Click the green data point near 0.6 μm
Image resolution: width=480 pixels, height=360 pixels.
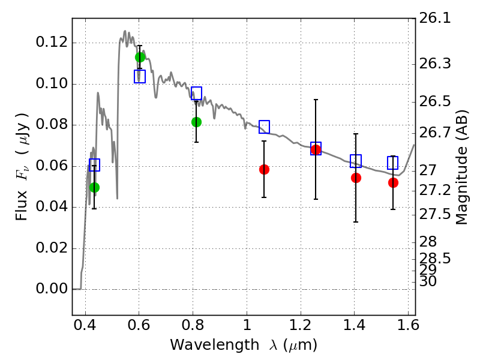[x=140, y=57]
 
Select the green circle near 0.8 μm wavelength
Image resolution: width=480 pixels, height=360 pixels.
[x=197, y=122]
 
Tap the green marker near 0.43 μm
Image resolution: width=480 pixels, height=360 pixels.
[x=95, y=187]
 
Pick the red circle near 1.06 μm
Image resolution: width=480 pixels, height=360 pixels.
[x=264, y=169]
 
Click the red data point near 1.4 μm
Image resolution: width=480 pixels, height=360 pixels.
[x=356, y=178]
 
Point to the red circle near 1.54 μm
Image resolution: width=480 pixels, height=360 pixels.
[x=393, y=183]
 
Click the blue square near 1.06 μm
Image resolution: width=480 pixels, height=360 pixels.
[x=264, y=127]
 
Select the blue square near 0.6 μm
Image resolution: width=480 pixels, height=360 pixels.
[x=140, y=76]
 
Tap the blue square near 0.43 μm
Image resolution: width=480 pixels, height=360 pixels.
[x=95, y=165]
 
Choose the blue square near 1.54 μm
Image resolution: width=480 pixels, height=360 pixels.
[x=393, y=163]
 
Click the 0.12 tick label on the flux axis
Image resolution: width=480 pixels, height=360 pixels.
[x=52, y=42]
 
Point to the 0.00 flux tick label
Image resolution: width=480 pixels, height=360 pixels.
[x=52, y=289]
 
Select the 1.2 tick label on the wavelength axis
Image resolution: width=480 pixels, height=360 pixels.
[x=301, y=325]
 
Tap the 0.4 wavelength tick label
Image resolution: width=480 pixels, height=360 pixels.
[x=85, y=325]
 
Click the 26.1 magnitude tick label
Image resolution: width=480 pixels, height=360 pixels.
[x=434, y=18]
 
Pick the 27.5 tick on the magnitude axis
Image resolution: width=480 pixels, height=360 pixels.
[x=434, y=214]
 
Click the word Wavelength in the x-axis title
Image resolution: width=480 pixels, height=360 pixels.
[x=215, y=345]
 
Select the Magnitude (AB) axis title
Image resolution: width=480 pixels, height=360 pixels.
[x=461, y=167]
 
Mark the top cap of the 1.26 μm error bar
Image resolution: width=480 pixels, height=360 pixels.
[x=316, y=100]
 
